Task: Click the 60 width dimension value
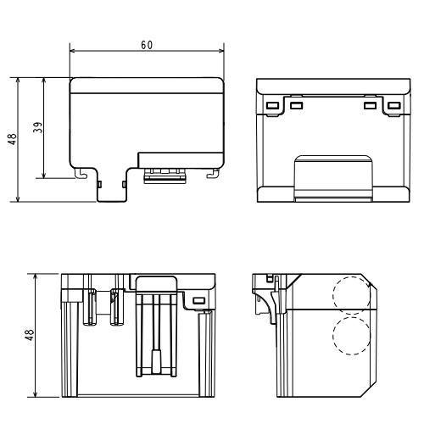click(147, 44)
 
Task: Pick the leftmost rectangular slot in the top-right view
click(272, 105)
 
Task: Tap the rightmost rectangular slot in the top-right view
click(393, 105)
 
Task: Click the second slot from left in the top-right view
click(296, 105)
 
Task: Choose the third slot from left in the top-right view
click(370, 105)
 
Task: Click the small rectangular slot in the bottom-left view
click(198, 300)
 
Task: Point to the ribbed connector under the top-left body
click(165, 175)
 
